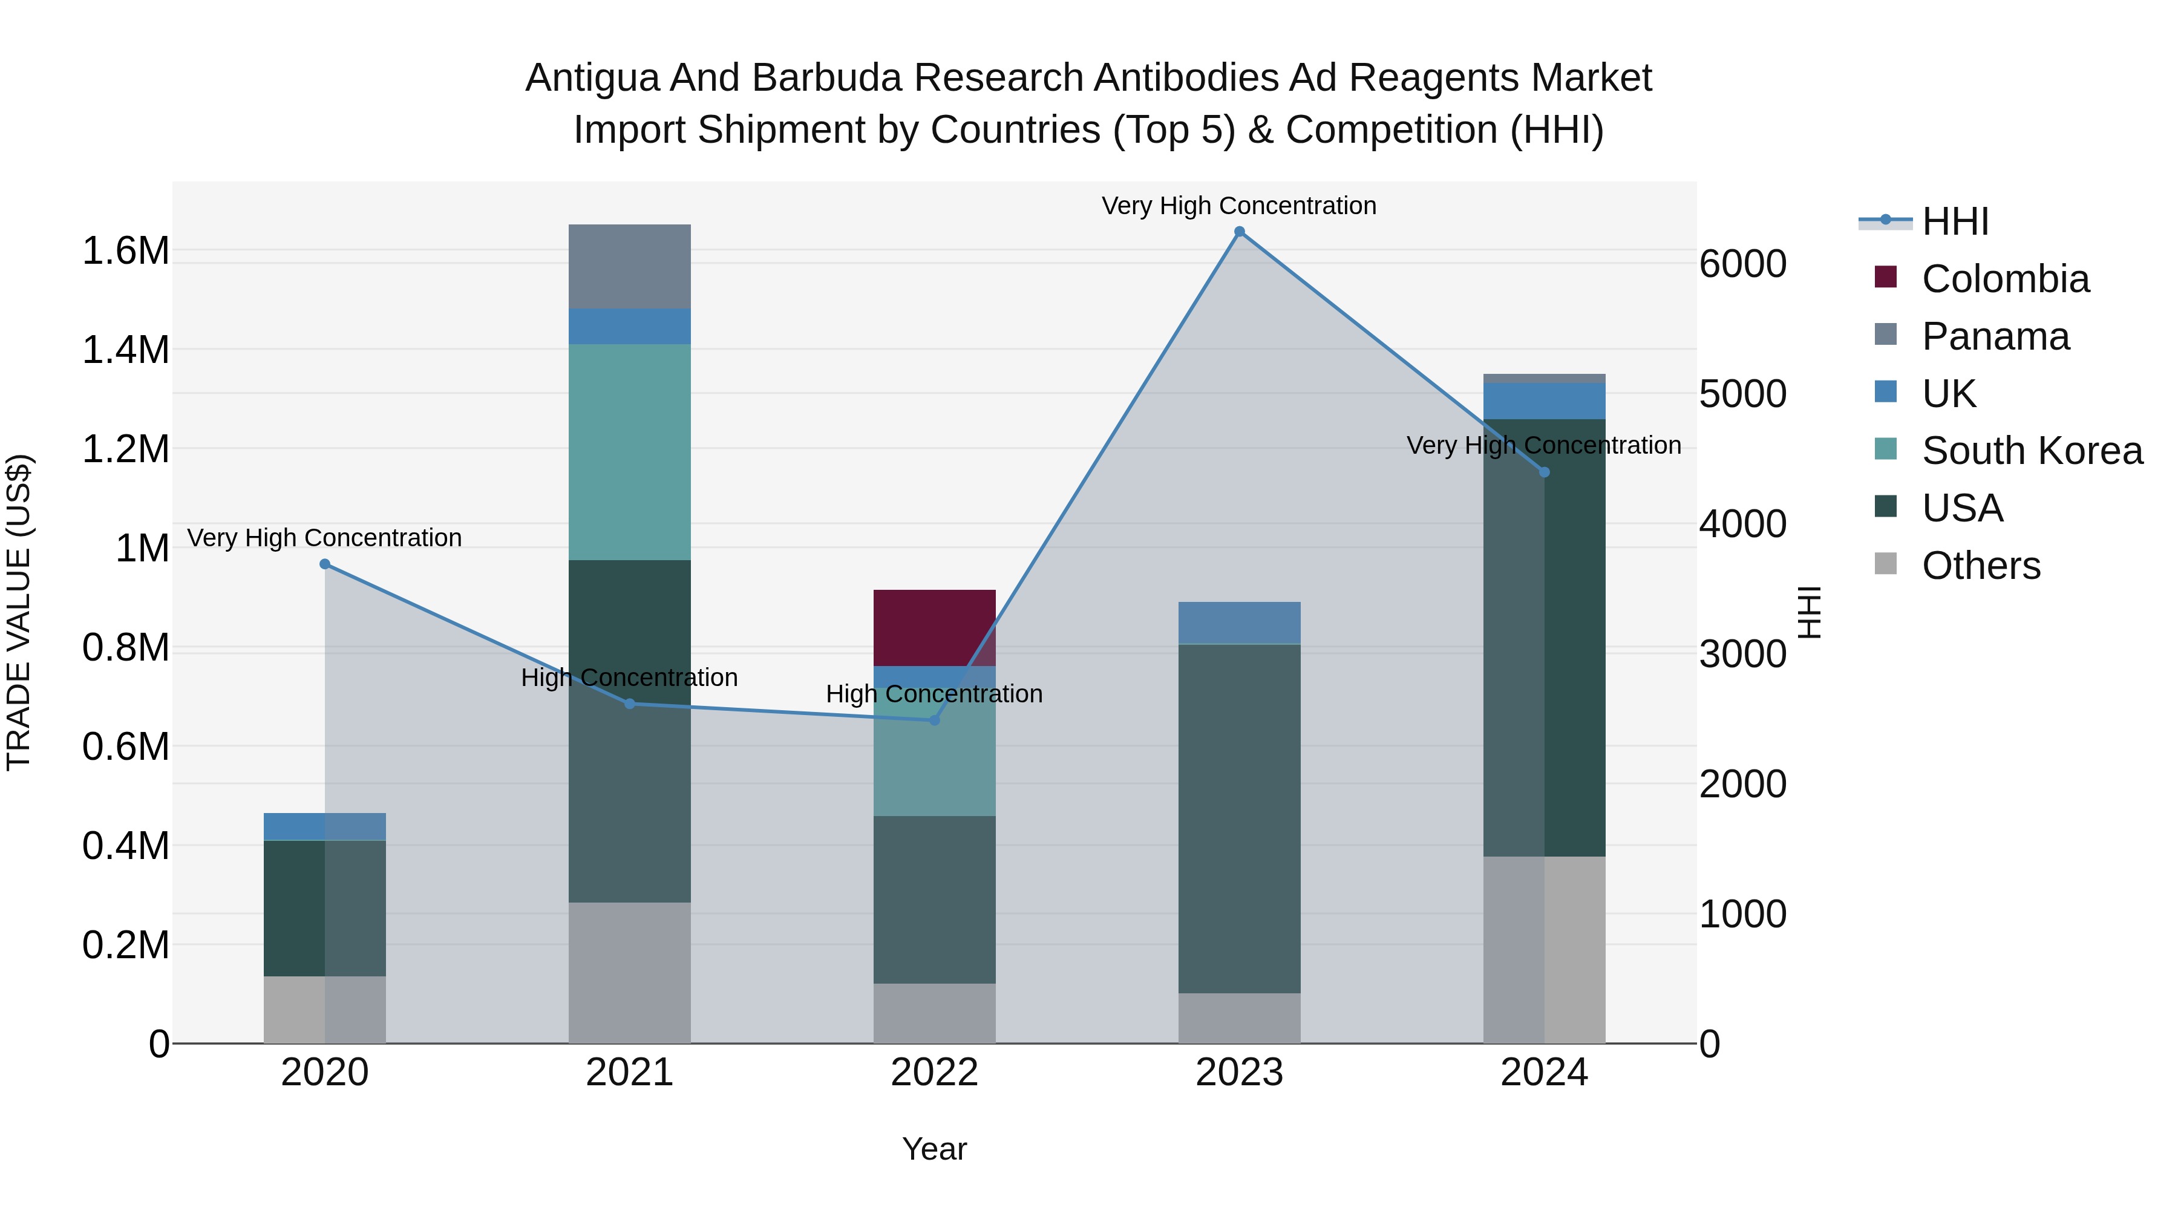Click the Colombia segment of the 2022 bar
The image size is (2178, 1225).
(x=934, y=627)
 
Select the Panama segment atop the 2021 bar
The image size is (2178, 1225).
(x=629, y=266)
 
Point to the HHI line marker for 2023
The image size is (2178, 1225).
(x=1240, y=232)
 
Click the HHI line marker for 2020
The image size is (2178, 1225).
(x=325, y=564)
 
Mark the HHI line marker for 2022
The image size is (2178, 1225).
(x=934, y=720)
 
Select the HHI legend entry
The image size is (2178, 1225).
(x=1954, y=221)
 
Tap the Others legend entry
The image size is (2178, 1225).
(x=1980, y=566)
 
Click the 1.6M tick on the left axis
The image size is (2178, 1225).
(x=125, y=251)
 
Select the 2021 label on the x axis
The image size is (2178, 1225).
(x=629, y=1073)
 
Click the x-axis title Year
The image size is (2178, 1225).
(x=934, y=1149)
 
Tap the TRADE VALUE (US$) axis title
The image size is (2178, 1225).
(x=19, y=612)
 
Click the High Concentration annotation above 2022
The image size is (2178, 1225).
(x=934, y=694)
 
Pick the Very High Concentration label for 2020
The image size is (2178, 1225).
(x=325, y=538)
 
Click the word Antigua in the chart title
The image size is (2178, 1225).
(x=591, y=78)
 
